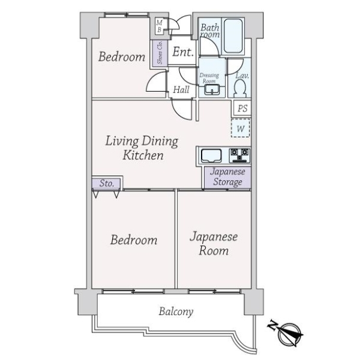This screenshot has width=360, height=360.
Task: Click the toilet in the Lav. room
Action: coord(240,88)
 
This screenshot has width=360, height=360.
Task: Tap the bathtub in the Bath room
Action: coord(233,36)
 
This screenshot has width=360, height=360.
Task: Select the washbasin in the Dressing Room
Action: coord(212,89)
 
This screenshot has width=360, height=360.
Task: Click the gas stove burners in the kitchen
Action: coord(239,155)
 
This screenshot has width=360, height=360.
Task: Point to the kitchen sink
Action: coord(211,155)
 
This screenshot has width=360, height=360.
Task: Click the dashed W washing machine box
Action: coord(241,128)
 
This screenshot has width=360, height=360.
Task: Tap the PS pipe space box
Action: coord(242,108)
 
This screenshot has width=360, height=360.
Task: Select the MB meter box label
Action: coord(160,26)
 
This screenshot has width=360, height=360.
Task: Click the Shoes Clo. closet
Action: coord(160,53)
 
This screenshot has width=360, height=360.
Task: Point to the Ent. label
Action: coord(183,52)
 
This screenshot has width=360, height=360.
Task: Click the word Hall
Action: coord(181,89)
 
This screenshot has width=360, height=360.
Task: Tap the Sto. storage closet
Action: coord(106,183)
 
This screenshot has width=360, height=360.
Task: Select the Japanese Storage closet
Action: coord(227,177)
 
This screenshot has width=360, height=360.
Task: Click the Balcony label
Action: coord(176,311)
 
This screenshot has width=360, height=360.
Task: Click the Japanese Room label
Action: coord(214,244)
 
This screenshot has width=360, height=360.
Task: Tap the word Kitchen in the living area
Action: coord(143,155)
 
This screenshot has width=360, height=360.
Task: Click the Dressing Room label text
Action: coord(209,78)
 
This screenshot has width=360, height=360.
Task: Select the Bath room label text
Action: coord(210,31)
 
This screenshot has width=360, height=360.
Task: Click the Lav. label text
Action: coord(242,76)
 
